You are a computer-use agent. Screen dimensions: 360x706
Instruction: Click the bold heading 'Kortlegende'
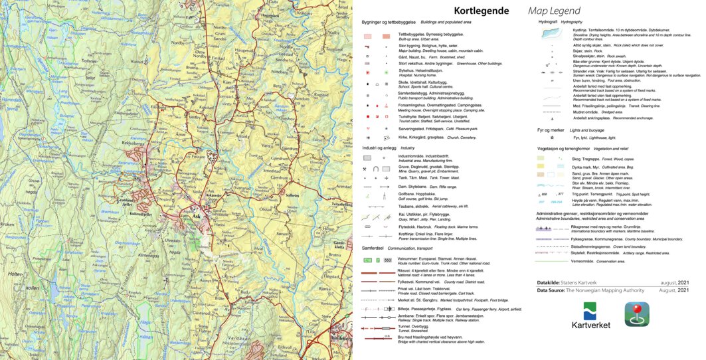481,11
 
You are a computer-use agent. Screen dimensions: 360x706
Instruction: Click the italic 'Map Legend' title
554,11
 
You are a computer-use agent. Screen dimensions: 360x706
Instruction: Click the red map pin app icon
636,314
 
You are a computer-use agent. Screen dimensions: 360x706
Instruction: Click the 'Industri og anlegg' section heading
379,147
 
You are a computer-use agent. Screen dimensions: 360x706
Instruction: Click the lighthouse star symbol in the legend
551,137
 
